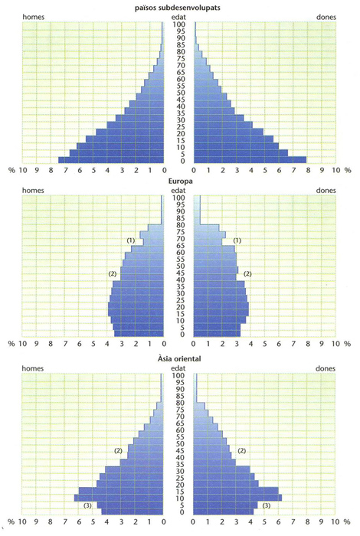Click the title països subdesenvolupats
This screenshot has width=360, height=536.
(x=178, y=8)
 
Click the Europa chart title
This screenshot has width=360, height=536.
(x=180, y=181)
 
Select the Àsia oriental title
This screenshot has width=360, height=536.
(x=179, y=358)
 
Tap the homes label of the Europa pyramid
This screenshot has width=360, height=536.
(x=33, y=190)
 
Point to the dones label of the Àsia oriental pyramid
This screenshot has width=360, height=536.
(x=325, y=368)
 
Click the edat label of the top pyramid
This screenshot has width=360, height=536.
(x=178, y=17)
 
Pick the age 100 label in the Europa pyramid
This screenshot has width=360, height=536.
(x=178, y=198)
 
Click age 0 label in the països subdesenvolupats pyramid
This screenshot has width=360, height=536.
(x=178, y=161)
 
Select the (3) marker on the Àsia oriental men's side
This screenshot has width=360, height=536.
(x=87, y=505)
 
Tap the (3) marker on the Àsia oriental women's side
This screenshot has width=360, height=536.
(x=266, y=505)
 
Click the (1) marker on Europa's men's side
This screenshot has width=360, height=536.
(x=131, y=240)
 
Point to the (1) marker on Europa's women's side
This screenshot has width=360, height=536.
(x=237, y=240)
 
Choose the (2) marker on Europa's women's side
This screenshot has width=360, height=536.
(x=247, y=273)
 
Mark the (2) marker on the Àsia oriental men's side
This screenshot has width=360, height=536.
(x=118, y=450)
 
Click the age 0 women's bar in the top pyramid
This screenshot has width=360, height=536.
(x=250, y=159)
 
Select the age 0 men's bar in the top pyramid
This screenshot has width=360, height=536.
(x=111, y=159)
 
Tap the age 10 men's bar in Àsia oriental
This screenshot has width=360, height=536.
(x=119, y=498)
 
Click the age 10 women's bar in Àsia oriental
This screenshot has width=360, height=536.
(x=237, y=498)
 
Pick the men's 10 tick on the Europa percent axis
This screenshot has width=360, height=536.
(x=22, y=343)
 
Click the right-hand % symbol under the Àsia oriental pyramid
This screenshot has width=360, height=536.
(x=347, y=521)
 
